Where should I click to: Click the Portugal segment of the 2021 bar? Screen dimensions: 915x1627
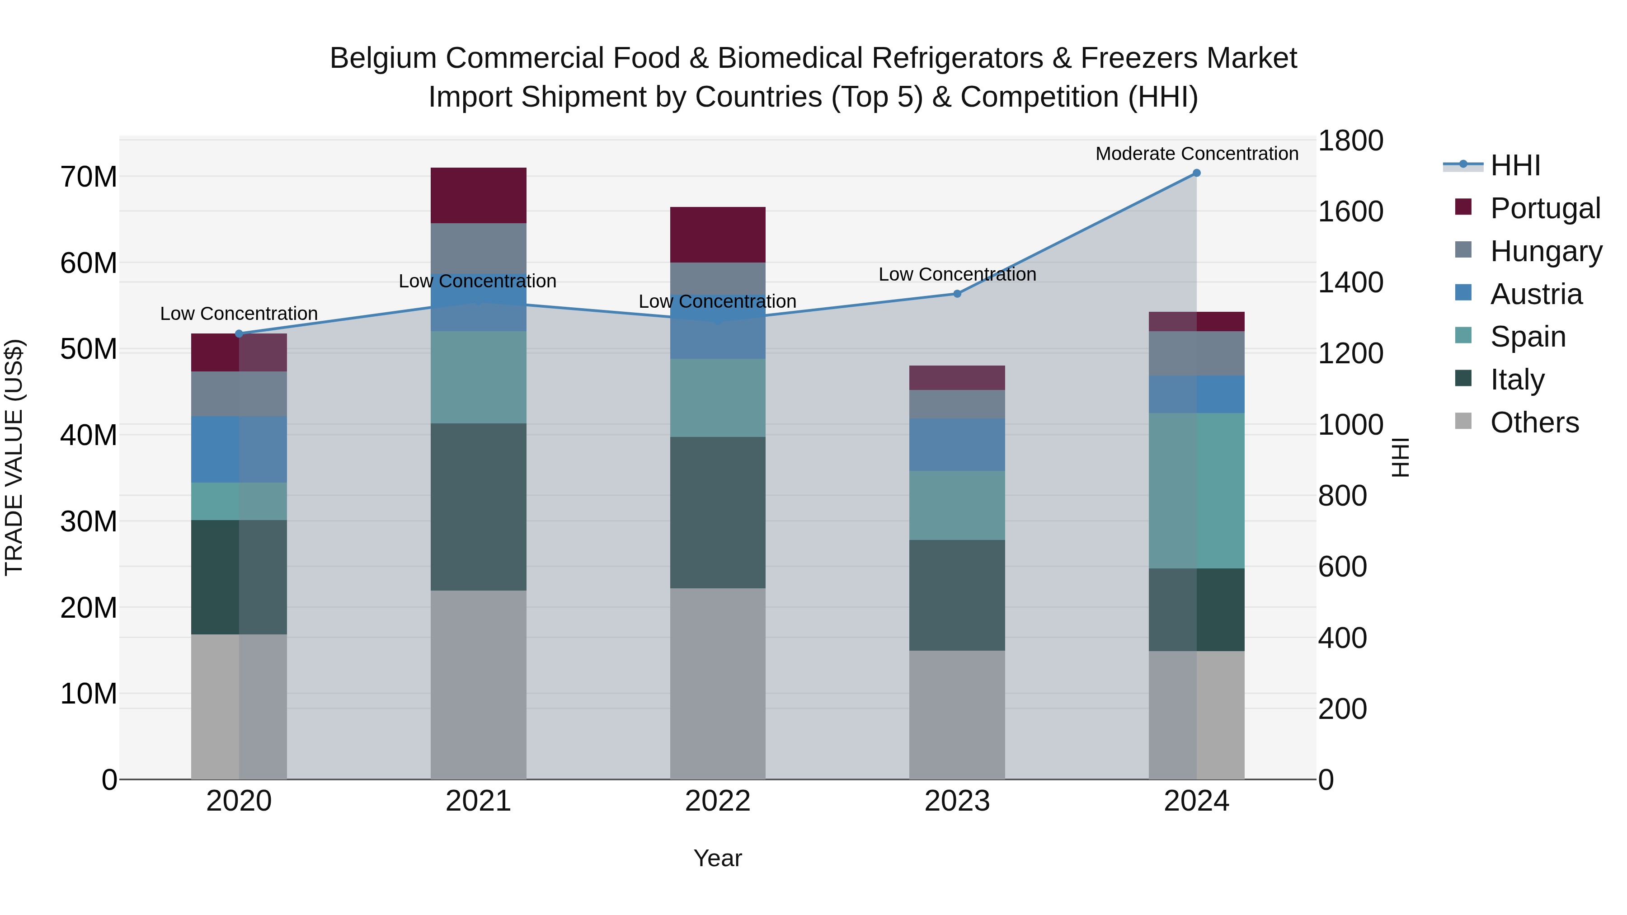(478, 195)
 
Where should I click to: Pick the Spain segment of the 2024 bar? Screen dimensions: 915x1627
(1196, 491)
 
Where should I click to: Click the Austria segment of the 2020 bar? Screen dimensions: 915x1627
(239, 449)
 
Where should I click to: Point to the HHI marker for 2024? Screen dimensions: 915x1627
(1196, 173)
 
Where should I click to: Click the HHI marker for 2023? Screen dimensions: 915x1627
(957, 294)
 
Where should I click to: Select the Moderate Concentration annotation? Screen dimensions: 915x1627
(1196, 154)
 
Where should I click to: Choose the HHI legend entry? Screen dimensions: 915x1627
(1514, 165)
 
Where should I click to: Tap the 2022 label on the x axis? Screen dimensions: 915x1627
(718, 801)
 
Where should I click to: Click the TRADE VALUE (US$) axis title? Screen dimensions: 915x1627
(14, 457)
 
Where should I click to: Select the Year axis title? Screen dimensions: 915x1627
(718, 858)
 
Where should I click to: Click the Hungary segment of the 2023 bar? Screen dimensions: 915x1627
(957, 404)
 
